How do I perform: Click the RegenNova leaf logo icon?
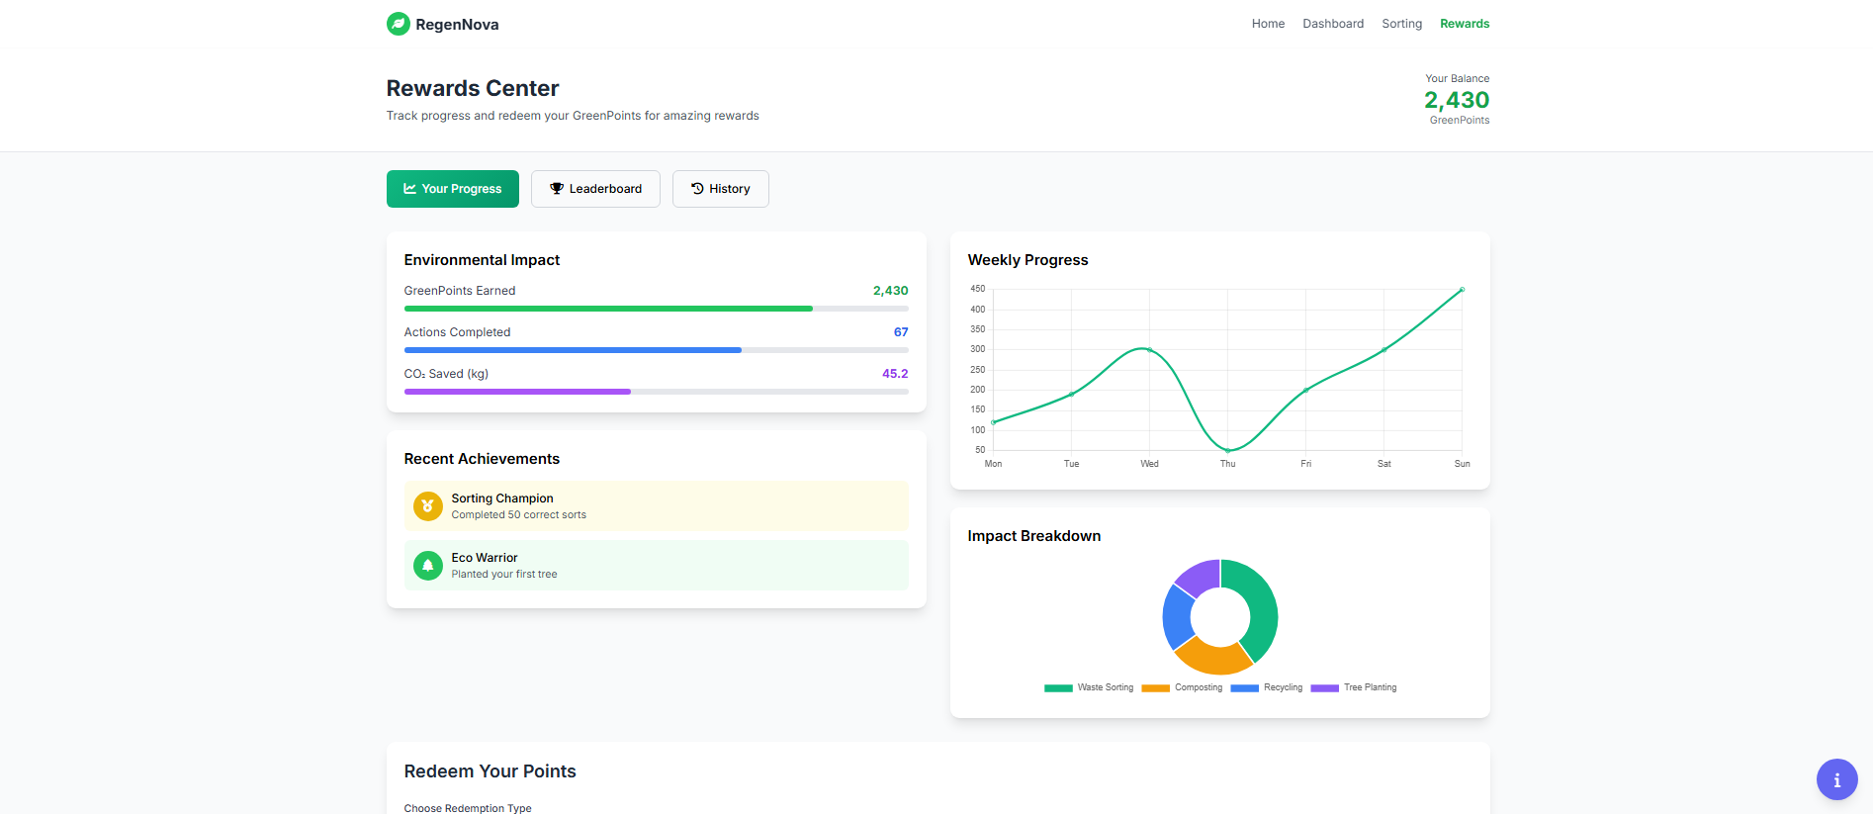(x=398, y=24)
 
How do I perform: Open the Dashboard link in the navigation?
(x=1332, y=24)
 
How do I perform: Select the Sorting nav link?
(x=1401, y=24)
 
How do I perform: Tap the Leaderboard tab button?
(x=595, y=189)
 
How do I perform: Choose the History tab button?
(x=720, y=189)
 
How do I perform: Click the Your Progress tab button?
(x=452, y=189)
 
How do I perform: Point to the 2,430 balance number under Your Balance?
(x=1456, y=100)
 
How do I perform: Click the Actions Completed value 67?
(x=900, y=332)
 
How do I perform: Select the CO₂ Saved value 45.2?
(x=894, y=374)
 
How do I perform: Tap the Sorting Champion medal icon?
(x=427, y=506)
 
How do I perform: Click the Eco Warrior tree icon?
(x=427, y=566)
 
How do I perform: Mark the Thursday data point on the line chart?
(x=1227, y=450)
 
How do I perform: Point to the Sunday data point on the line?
(x=1462, y=290)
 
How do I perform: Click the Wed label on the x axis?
(x=1149, y=464)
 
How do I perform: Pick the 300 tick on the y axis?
(x=977, y=349)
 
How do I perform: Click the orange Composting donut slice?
(x=1212, y=656)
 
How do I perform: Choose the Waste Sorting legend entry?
(x=1089, y=687)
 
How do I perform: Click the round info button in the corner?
(x=1836, y=779)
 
